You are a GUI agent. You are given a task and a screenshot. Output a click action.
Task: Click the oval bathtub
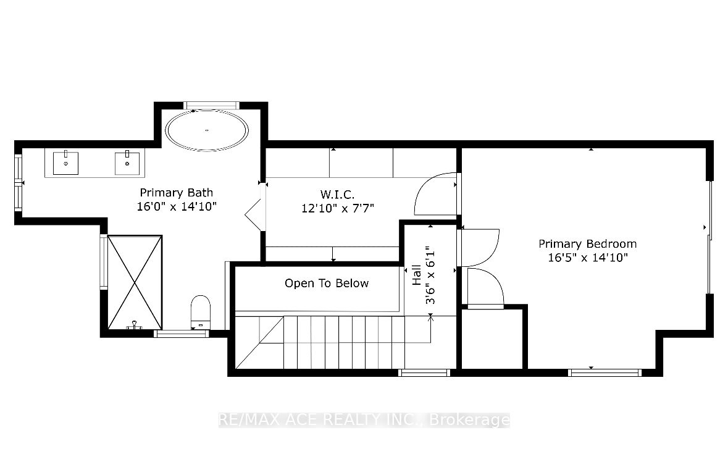207,130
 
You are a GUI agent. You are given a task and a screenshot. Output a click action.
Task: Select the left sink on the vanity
65,163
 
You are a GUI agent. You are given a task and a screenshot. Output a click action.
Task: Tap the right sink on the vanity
128,164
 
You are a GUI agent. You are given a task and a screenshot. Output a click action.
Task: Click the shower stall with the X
135,282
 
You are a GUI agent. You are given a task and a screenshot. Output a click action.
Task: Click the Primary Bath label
176,193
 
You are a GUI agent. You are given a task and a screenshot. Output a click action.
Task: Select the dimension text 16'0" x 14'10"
176,207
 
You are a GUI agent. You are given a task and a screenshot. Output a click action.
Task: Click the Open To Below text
327,283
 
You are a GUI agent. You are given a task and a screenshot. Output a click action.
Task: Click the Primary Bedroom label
587,243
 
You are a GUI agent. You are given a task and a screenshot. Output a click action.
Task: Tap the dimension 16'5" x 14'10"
587,258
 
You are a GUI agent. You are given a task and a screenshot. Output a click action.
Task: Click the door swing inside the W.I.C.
435,195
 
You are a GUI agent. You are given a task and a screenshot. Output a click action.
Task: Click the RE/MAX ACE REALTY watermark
364,420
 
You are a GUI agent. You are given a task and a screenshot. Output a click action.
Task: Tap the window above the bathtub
211,105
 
